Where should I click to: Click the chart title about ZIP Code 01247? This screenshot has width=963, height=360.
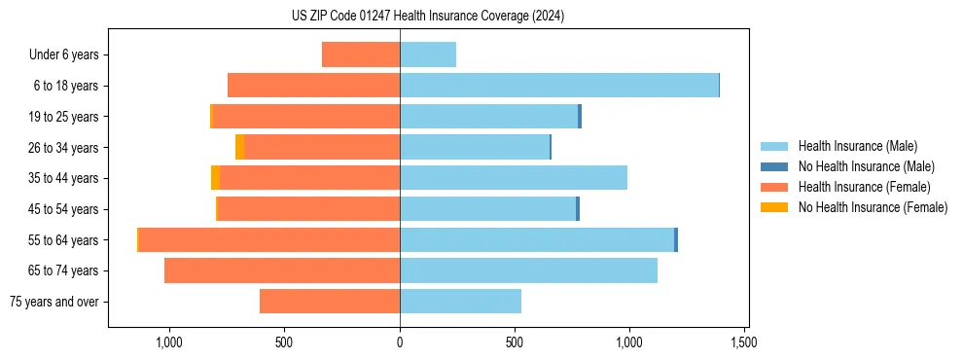427,17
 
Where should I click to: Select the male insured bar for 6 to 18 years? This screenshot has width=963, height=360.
558,86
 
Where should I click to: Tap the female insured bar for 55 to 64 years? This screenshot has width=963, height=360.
269,239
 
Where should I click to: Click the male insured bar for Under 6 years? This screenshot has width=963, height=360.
428,54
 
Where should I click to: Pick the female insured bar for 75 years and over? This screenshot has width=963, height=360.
330,302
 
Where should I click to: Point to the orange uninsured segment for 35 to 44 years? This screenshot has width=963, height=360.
215,178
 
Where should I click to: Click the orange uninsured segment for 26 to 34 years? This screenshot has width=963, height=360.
239,147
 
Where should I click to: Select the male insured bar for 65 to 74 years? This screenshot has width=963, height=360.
528,270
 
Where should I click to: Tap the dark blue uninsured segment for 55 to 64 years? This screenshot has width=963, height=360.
676,239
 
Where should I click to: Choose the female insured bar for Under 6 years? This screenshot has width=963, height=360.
361,54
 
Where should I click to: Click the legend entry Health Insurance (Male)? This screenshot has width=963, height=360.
857,146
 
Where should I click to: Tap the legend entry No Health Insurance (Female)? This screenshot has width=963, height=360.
873,207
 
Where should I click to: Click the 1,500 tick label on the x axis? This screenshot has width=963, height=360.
744,342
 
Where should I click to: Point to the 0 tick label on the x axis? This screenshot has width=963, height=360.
400,342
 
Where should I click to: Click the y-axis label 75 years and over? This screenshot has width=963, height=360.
53,302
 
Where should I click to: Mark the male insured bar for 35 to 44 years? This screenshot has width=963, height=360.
514,178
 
